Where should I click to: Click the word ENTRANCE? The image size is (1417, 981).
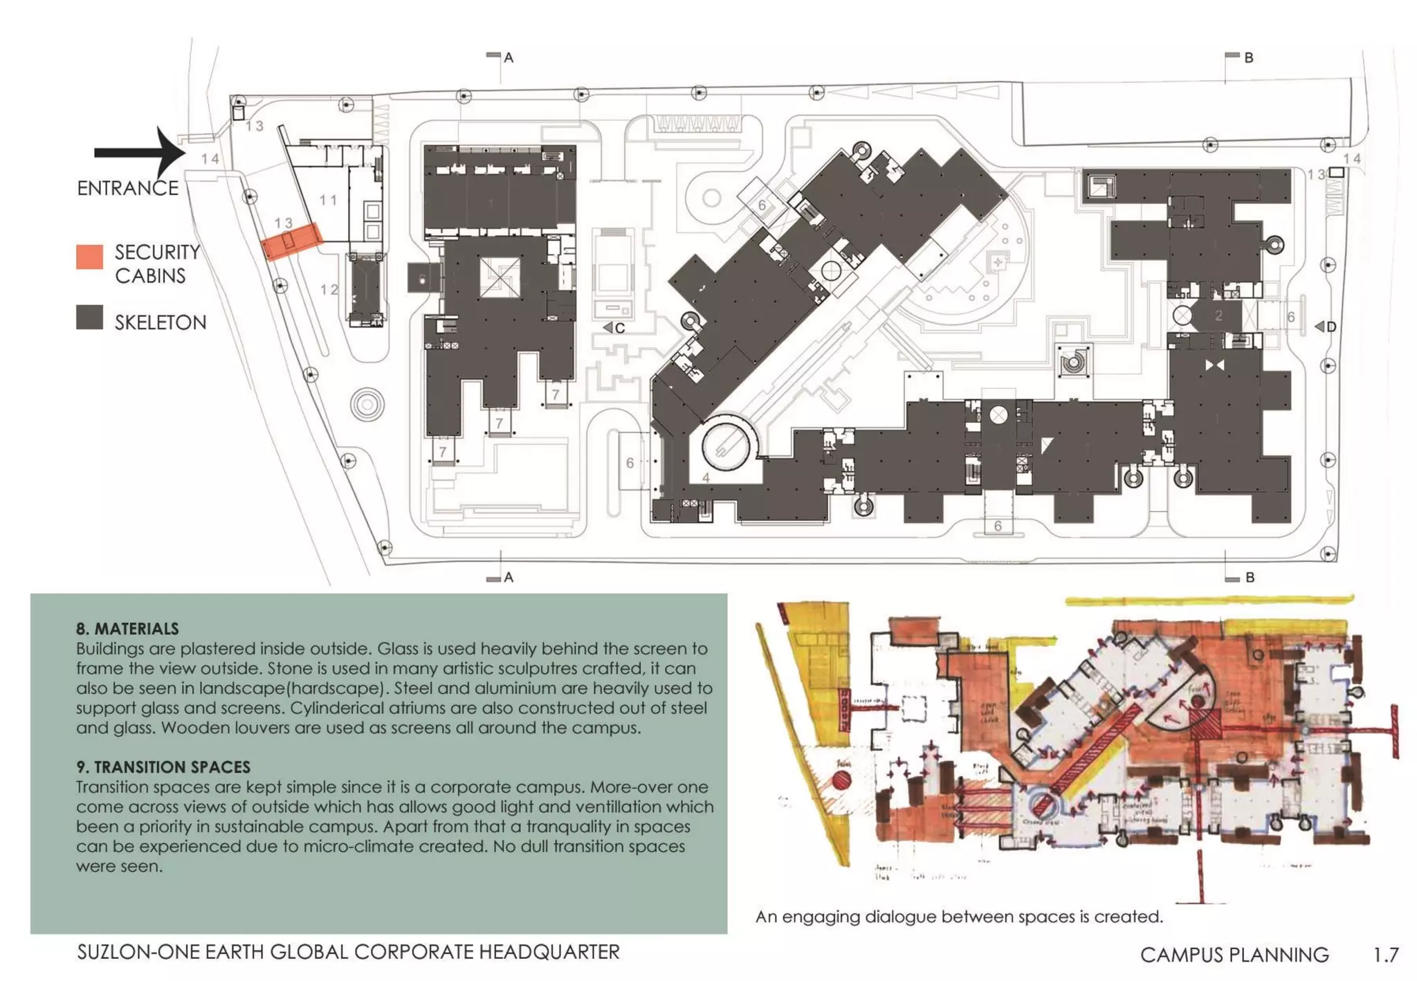(x=127, y=188)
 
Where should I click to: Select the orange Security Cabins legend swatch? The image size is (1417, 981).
(x=89, y=257)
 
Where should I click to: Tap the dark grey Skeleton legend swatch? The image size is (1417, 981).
(x=89, y=318)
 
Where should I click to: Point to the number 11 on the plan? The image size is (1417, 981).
(x=329, y=200)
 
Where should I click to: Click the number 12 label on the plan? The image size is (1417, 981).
(x=329, y=289)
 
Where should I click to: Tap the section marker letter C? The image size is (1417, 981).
(x=620, y=328)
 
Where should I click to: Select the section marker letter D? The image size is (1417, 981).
(x=1331, y=327)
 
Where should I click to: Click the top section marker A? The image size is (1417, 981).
(x=509, y=58)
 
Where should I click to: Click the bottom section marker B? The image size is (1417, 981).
(x=1250, y=577)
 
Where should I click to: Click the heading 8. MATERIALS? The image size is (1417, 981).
(x=127, y=629)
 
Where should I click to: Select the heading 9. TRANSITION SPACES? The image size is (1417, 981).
(x=163, y=767)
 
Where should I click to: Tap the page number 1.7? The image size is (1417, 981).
(x=1386, y=955)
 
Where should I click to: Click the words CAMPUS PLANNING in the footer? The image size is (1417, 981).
(x=1234, y=955)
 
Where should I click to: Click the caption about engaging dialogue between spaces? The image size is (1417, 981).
(x=959, y=917)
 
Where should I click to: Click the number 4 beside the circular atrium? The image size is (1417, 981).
(x=706, y=477)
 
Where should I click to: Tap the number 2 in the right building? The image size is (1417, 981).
(x=1218, y=315)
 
